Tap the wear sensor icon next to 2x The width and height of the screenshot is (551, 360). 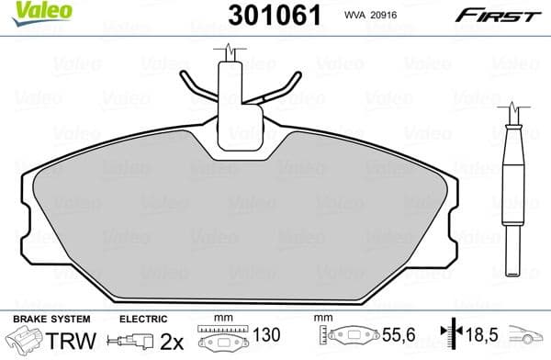tap(135, 342)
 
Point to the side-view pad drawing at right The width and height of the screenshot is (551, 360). tap(512, 174)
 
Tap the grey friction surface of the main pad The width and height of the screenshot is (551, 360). tap(239, 230)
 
